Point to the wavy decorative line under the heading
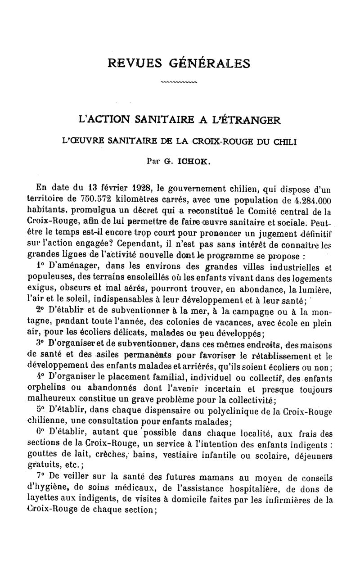click(179, 82)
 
